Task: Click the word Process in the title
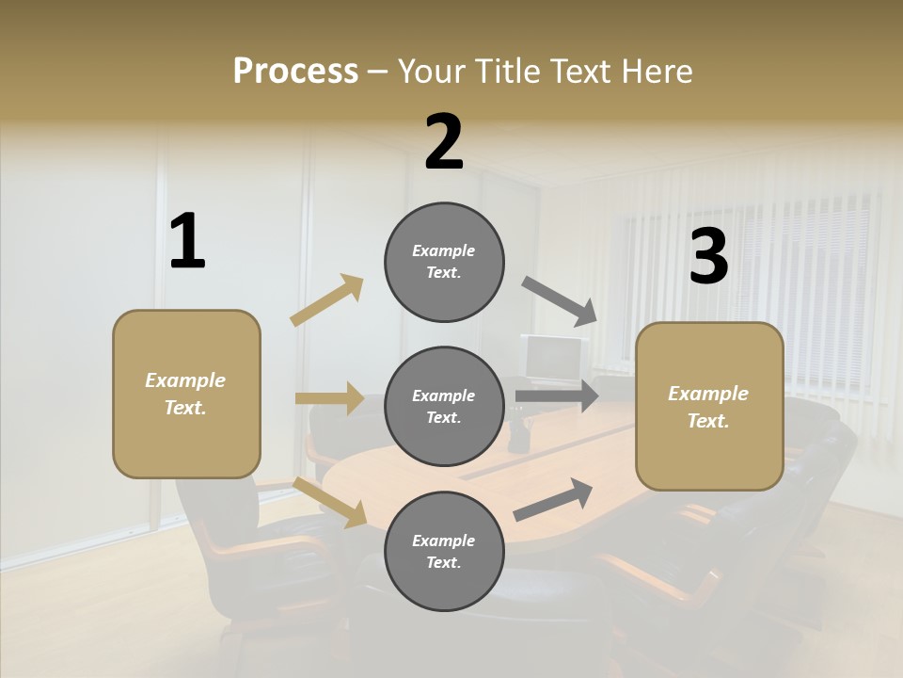click(295, 72)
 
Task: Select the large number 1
click(187, 242)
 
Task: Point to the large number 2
click(444, 143)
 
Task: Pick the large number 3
click(708, 257)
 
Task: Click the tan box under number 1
click(186, 394)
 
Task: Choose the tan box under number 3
click(709, 406)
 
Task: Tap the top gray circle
click(444, 262)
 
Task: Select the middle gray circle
click(444, 406)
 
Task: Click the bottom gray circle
click(444, 551)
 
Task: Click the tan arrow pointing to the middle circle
click(329, 398)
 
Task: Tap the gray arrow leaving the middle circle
click(557, 395)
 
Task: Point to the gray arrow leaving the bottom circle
click(553, 499)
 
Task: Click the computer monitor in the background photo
click(552, 359)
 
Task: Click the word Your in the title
click(435, 72)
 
